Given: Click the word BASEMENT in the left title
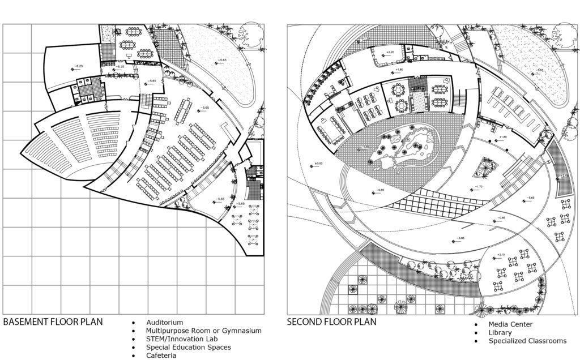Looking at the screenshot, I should [28, 322].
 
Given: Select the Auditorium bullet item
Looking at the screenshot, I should [164, 322].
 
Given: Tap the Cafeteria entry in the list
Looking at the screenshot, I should [161, 355].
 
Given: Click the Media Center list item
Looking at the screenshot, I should [510, 324].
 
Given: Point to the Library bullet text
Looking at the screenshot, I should [500, 333].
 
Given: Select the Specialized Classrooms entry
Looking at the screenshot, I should [527, 341].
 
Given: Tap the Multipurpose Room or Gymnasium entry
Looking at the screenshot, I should [203, 331].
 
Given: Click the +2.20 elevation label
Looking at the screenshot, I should [390, 53].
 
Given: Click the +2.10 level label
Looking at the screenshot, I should [500, 254].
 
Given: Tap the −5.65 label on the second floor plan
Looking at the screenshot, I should [530, 198].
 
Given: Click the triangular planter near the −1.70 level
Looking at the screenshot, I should [485, 168].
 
